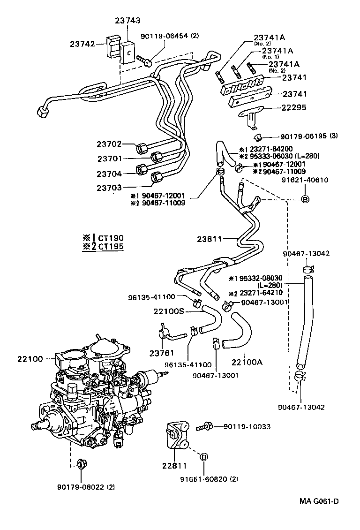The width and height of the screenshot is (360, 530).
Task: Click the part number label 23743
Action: click(x=127, y=21)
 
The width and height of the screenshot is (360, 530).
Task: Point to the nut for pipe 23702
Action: click(x=142, y=149)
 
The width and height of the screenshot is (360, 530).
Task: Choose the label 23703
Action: click(x=109, y=188)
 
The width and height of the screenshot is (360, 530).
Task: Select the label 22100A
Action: click(x=247, y=362)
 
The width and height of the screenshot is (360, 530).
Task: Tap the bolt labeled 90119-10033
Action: click(x=204, y=426)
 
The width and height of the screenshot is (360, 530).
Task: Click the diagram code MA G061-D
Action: click(x=319, y=500)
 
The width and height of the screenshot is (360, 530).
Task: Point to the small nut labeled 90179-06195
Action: click(x=257, y=137)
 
